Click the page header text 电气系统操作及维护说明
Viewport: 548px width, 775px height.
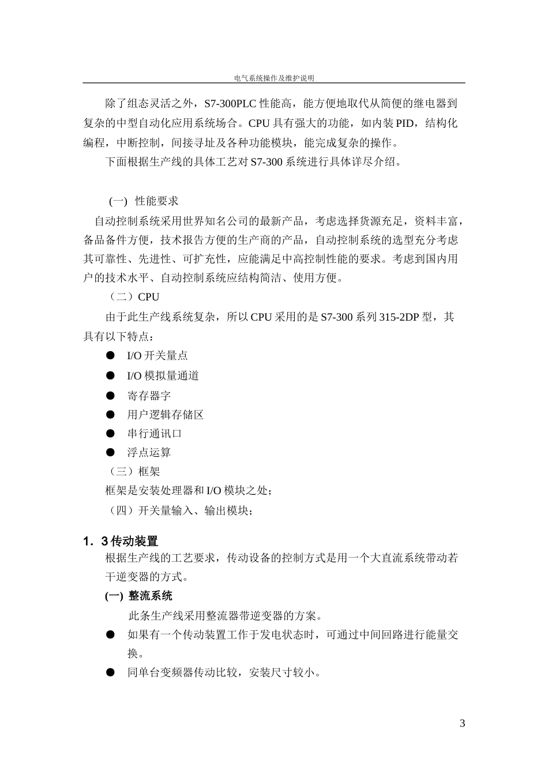click(274, 78)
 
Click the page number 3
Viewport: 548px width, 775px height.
click(462, 724)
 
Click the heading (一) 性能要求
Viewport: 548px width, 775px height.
click(144, 201)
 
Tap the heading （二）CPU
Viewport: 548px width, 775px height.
click(134, 297)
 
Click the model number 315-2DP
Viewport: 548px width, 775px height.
click(404, 317)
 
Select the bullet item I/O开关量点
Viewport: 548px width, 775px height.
click(157, 356)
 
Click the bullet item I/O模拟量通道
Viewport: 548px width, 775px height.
click(163, 376)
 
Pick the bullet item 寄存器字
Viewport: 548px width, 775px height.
click(149, 396)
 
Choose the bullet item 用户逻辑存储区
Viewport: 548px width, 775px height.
click(166, 415)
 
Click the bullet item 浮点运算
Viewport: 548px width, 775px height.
click(149, 453)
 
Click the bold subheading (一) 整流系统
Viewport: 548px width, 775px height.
click(138, 596)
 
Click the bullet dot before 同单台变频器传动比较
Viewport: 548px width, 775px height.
click(110, 672)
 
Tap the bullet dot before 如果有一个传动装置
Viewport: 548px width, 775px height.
click(110, 635)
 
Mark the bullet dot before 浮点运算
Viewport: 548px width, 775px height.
click(110, 453)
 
